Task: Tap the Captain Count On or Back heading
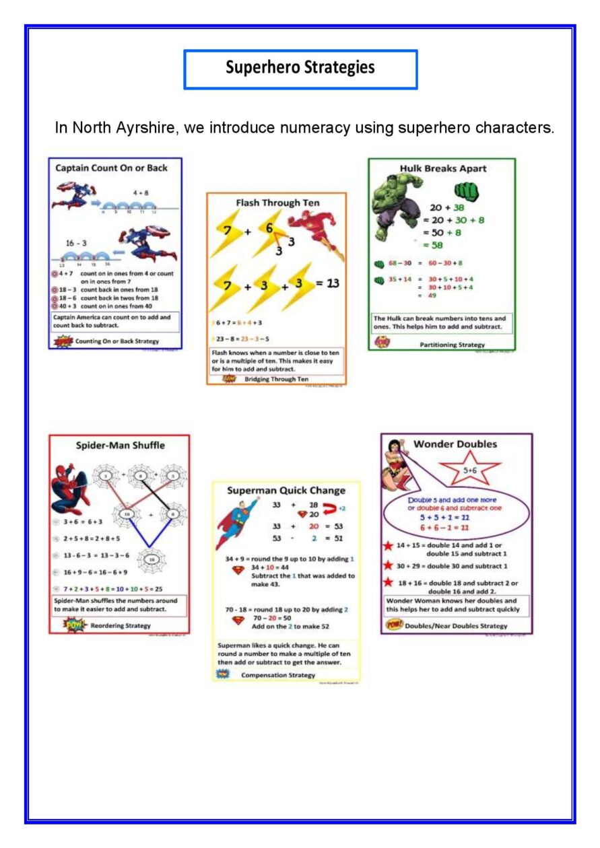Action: coord(111,168)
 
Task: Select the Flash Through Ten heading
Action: coord(277,203)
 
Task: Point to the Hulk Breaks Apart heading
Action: coord(442,168)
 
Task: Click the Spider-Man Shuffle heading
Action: coord(120,445)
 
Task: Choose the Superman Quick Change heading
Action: coord(286,491)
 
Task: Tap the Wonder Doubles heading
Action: coord(455,444)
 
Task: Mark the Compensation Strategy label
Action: coord(277,674)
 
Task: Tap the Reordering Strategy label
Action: coord(121,626)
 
